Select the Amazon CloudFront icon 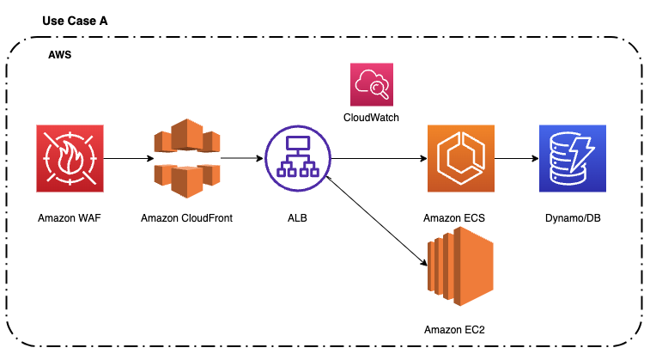click(x=186, y=158)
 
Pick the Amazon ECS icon click(x=461, y=158)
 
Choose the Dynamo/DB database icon click(x=572, y=158)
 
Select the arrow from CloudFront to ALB click(x=240, y=159)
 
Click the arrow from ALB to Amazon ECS click(x=378, y=159)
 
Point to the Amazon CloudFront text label click(x=186, y=218)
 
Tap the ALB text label click(x=297, y=218)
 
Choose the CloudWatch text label click(x=371, y=117)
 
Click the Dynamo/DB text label click(x=572, y=218)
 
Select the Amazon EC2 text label click(x=461, y=330)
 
